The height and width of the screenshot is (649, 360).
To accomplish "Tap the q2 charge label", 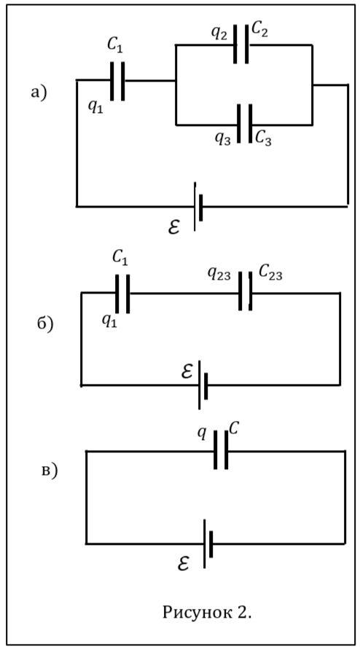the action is coord(219,33).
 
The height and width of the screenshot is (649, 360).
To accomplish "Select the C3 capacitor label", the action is coord(264,138).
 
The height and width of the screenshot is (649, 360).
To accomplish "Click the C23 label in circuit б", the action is coord(270,272).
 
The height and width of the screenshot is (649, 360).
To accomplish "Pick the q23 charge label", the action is coord(219,275).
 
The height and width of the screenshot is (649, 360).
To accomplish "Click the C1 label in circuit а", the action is coord(114,44).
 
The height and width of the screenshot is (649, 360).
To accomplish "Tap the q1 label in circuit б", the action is coord(110,320).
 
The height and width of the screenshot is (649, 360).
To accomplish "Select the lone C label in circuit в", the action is coord(234,429).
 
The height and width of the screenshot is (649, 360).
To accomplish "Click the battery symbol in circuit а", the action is coord(198,207).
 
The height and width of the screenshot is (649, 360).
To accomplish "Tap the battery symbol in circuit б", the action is coord(203,385).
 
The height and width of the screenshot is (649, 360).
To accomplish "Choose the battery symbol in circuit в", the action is coord(208,544).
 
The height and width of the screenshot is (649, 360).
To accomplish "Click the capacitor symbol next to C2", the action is coord(241,44).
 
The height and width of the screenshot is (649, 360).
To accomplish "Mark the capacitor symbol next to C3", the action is coord(245,124).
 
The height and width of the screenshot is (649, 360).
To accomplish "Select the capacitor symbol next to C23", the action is coord(246,291).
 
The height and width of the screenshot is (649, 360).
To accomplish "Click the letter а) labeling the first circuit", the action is coord(39,93).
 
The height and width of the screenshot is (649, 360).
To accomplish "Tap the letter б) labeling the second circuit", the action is coord(45,323).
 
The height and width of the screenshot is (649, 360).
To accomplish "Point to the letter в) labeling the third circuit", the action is coord(50,471).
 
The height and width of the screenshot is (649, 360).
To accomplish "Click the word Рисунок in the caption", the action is coord(192,613).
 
